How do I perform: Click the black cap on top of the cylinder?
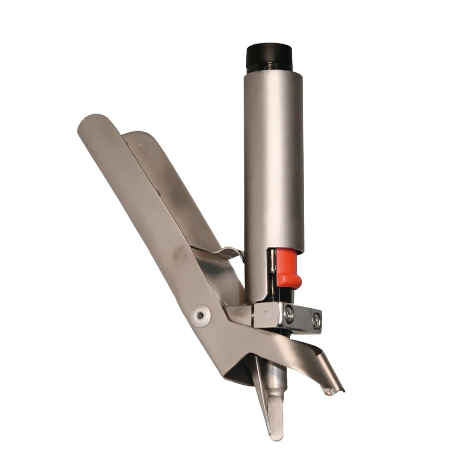pos(269,57)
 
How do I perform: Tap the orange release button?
pos(288,269)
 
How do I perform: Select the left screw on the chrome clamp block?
pos(289,314)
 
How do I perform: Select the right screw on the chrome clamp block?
pos(316,321)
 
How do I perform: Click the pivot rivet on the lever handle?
pos(200,315)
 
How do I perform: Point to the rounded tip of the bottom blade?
pos(276,433)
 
